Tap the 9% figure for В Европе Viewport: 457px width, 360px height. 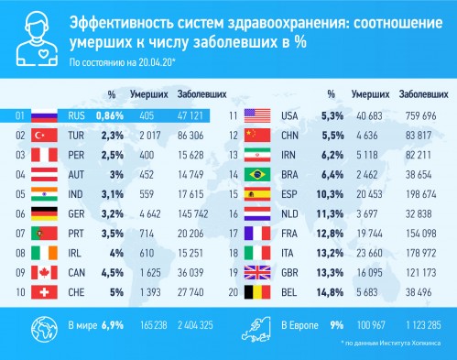pyautogui.click(x=337, y=325)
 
